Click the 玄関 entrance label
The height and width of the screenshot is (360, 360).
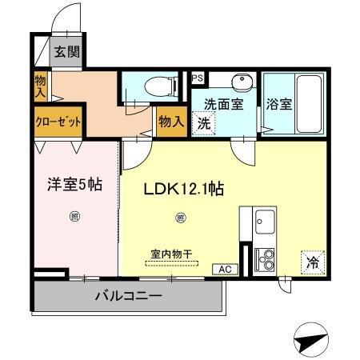pos(67,54)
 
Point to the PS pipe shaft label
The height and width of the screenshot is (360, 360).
pos(198,78)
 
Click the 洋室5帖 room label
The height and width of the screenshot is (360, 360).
pos(72,184)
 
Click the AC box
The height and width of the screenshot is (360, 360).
pos(226,270)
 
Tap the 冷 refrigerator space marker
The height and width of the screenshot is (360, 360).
pos(314,262)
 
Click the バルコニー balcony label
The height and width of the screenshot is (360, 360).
pos(127,296)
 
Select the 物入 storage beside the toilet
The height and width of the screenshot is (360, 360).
pos(170,122)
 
